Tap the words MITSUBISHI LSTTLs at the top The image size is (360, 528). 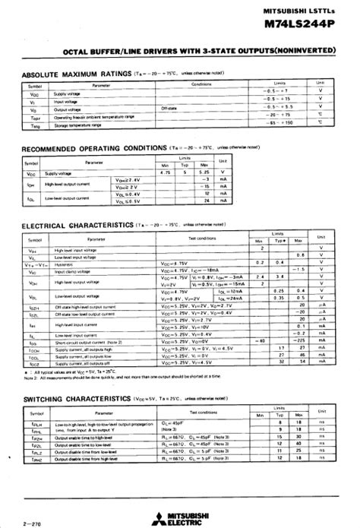(x=313, y=9)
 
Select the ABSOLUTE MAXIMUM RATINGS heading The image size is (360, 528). (x=76, y=74)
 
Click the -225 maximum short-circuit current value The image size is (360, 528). (x=301, y=341)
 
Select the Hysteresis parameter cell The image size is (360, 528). (x=65, y=263)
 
